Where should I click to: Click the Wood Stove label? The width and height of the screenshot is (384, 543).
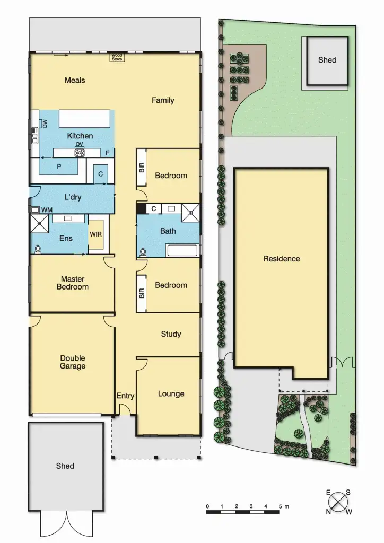116,57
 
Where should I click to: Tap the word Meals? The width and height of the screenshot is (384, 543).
75,81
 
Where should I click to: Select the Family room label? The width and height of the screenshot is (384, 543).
163,100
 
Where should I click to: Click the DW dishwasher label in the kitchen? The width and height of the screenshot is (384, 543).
45,124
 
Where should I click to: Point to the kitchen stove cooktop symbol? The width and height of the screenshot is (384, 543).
80,153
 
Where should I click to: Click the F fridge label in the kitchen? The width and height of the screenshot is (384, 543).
108,153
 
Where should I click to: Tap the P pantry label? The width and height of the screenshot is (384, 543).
58,166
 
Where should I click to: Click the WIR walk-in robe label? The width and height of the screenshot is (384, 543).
96,234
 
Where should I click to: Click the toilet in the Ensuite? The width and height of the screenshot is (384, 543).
38,249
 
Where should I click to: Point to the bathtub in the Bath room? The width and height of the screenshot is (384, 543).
182,250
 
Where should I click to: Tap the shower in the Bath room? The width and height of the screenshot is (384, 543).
190,212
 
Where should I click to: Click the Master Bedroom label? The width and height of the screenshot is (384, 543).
73,283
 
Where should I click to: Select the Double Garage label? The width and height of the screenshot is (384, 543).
73,362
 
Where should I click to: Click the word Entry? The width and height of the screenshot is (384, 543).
125,396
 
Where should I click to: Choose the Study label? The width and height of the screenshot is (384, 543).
171,334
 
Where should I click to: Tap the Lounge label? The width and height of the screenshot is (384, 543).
171,394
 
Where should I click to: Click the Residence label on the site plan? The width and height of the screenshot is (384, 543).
282,259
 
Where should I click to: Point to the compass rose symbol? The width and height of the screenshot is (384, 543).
338,501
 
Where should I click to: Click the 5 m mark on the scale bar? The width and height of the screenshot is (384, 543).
280,507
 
